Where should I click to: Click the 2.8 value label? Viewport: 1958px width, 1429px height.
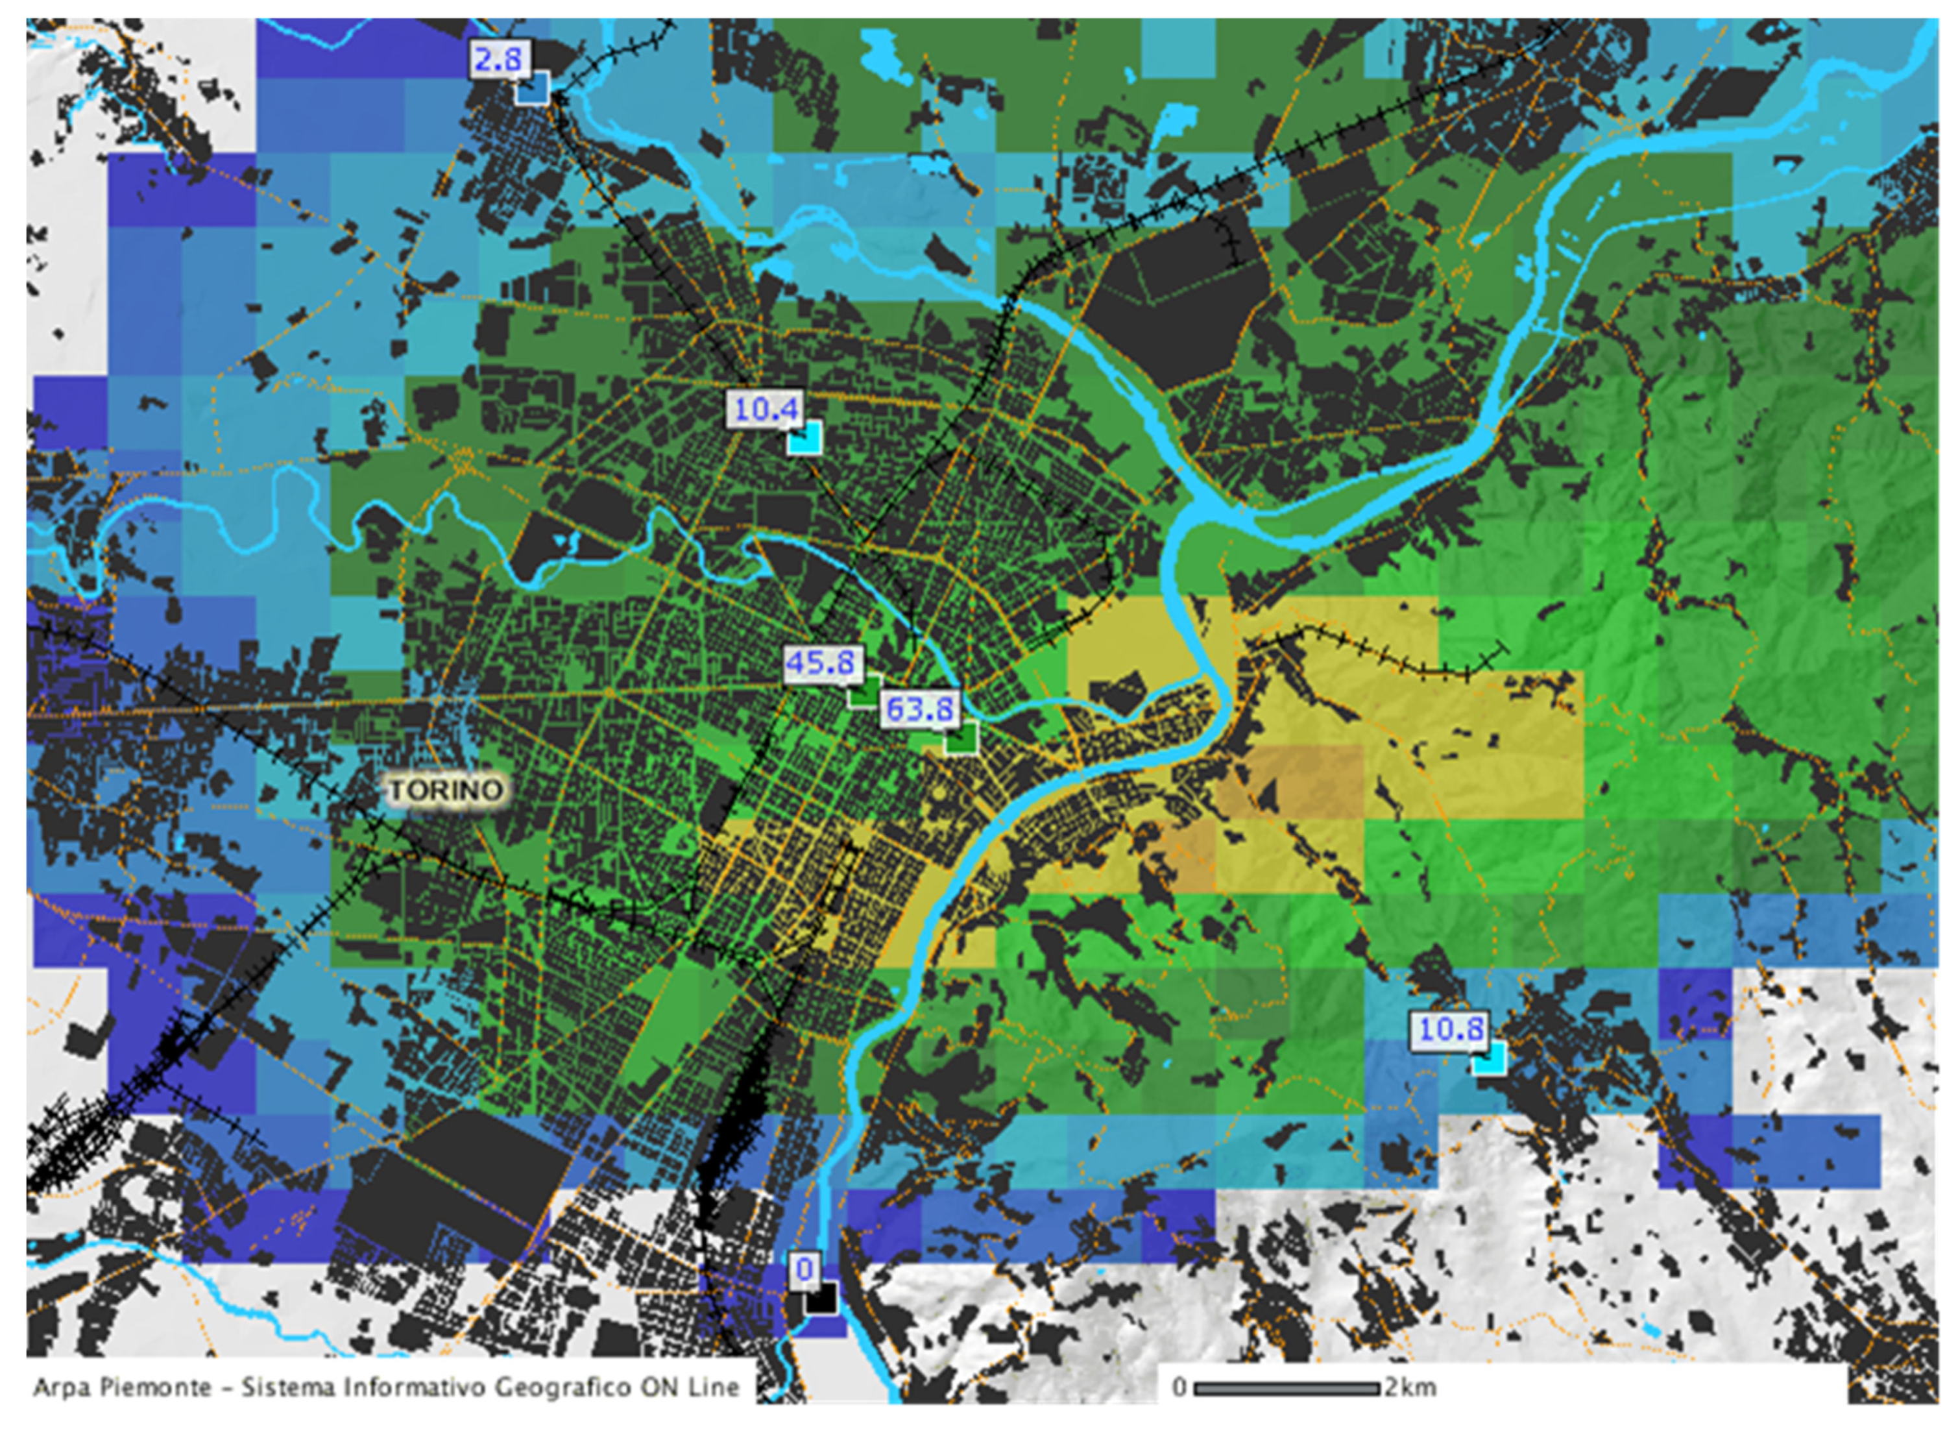[499, 60]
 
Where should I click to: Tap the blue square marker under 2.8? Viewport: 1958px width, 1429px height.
[532, 89]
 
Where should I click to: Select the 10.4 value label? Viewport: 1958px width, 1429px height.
[764, 408]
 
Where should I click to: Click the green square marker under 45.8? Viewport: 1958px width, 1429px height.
[863, 691]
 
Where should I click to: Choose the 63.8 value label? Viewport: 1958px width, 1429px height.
[919, 709]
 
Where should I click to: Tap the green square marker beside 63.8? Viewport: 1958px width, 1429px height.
[960, 739]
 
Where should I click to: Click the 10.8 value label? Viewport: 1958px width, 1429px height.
[1451, 1029]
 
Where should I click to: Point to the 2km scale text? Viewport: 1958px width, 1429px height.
[1410, 1387]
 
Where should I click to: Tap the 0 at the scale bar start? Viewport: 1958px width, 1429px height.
[1179, 1387]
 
